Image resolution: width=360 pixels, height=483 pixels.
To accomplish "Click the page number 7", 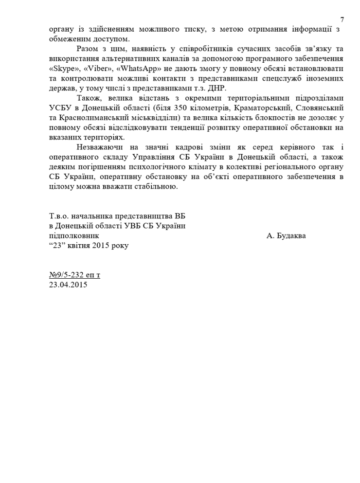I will [342, 19].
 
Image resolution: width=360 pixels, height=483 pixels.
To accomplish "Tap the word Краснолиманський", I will [90, 118].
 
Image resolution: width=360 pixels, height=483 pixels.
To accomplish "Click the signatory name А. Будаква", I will [287, 235].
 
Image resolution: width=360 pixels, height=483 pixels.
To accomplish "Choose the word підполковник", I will [77, 235].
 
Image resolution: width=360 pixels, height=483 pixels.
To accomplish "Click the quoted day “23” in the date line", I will [56, 246].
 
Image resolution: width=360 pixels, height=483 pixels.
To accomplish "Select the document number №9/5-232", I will [68, 275].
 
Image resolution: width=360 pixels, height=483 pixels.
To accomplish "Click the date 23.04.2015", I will [68, 285].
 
